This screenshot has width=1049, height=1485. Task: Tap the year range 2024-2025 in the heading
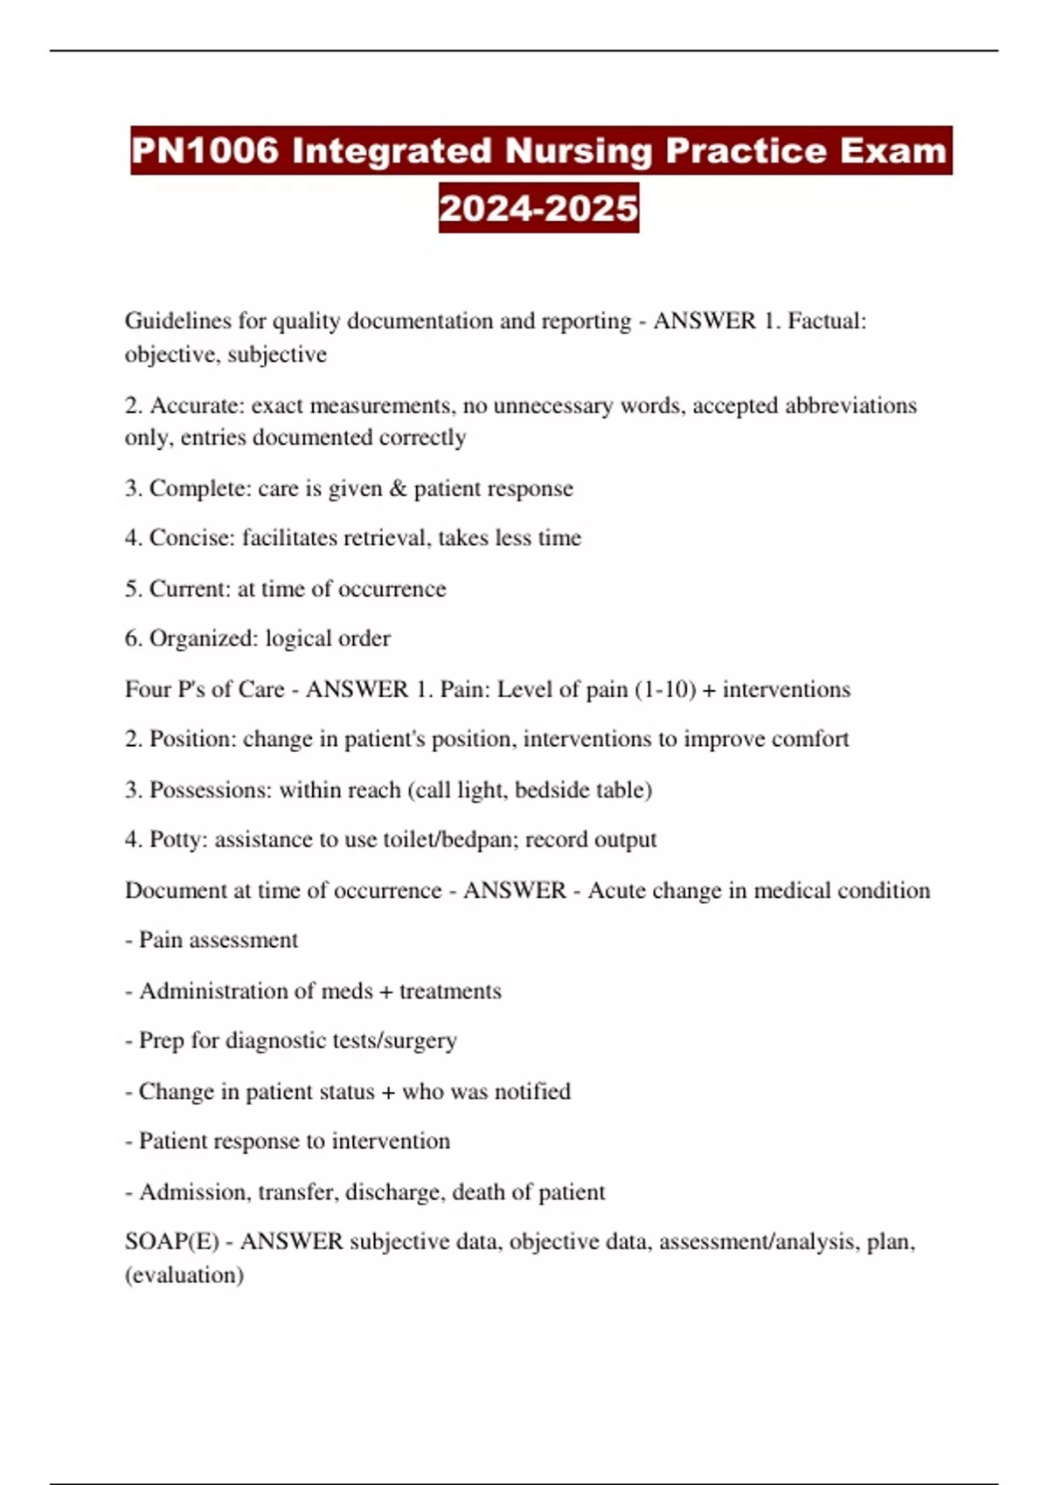[538, 208]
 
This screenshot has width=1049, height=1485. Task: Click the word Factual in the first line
[824, 321]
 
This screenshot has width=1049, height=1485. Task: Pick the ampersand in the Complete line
[398, 488]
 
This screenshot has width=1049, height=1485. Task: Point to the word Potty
[177, 839]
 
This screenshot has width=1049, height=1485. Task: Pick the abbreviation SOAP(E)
[171, 1241]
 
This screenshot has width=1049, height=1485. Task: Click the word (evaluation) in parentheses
[184, 1274]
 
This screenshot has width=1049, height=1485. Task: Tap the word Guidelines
[177, 321]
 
